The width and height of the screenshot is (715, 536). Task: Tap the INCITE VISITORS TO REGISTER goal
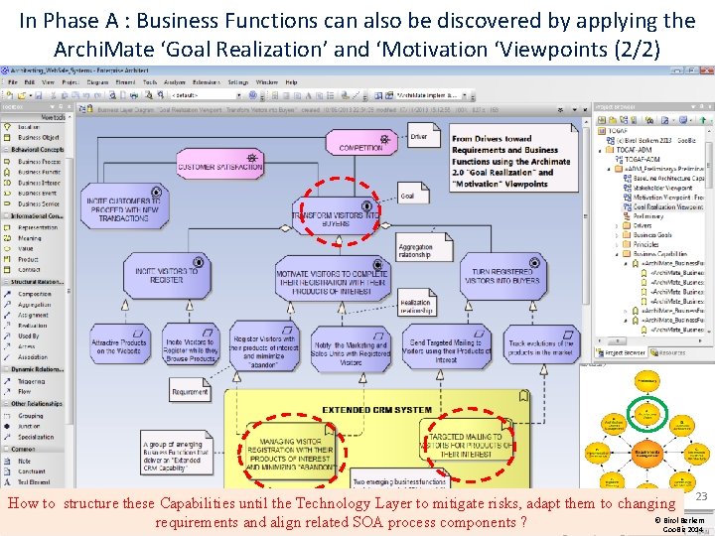coord(166,275)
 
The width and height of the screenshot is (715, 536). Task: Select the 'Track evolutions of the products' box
coord(541,347)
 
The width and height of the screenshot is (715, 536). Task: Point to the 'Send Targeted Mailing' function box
coord(446,347)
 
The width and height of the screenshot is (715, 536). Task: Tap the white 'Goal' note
coord(408,196)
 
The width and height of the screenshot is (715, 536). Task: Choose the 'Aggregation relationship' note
coord(415,250)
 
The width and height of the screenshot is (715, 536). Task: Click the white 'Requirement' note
coord(191,392)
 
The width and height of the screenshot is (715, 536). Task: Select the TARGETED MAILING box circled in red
coord(466,443)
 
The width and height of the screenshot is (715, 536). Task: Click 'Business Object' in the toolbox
coord(38,138)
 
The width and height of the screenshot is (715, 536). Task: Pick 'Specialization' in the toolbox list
coord(36,436)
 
